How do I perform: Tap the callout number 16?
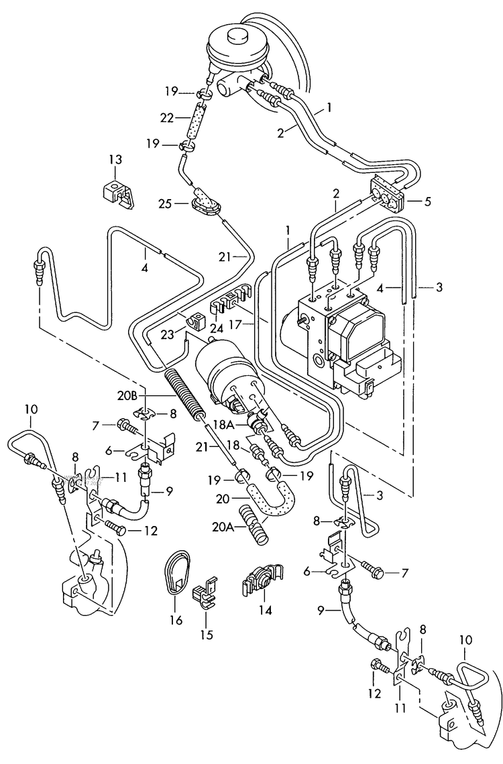[x=176, y=621]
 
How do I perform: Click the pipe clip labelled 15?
[x=206, y=593]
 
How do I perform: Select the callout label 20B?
[x=148, y=395]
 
